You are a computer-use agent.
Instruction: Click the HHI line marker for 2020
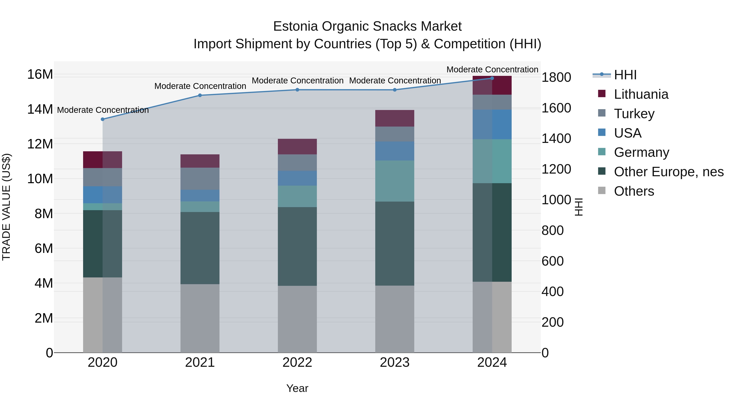coord(103,119)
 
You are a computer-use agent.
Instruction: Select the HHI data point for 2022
coord(297,90)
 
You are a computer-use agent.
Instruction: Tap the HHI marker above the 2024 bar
coord(492,78)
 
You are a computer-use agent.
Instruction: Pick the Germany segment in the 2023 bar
coord(395,181)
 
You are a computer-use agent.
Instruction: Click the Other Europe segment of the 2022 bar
coord(297,246)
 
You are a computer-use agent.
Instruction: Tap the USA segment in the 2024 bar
coord(492,124)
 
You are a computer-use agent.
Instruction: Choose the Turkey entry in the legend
coord(634,114)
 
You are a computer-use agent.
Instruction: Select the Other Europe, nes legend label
coord(668,172)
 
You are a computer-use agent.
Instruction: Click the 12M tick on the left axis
coord(40,144)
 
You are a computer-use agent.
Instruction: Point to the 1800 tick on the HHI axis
coord(556,77)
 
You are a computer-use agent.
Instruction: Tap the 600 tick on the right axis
coord(552,261)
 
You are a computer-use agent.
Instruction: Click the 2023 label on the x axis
coord(395,362)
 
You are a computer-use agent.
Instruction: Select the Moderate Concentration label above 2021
coord(200,86)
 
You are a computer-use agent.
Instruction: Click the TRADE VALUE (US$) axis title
coord(6,207)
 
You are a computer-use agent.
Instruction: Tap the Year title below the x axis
coord(297,388)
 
